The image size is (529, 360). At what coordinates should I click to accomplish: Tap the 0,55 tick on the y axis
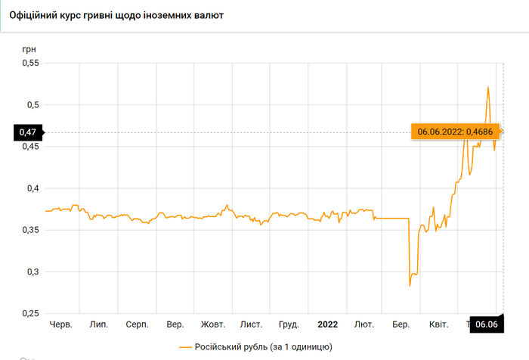pos(28,64)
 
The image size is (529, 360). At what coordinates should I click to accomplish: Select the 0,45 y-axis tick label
pos(28,147)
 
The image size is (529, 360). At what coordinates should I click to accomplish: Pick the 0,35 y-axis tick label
pos(28,230)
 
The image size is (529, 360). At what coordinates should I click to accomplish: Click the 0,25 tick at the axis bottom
pos(28,313)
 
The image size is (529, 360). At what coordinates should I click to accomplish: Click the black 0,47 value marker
pos(27,133)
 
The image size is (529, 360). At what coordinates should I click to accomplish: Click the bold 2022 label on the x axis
pos(327,324)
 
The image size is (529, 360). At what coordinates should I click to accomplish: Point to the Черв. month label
pos(60,324)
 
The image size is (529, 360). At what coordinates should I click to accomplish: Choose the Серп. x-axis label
pos(137,324)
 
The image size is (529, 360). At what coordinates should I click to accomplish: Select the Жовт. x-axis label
pos(213,324)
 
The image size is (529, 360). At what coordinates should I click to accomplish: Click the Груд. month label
pos(289,324)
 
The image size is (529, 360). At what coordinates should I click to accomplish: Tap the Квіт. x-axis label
pos(438,324)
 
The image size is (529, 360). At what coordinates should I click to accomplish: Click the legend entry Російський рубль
pos(255,346)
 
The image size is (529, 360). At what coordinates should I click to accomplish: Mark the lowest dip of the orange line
pos(410,285)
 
